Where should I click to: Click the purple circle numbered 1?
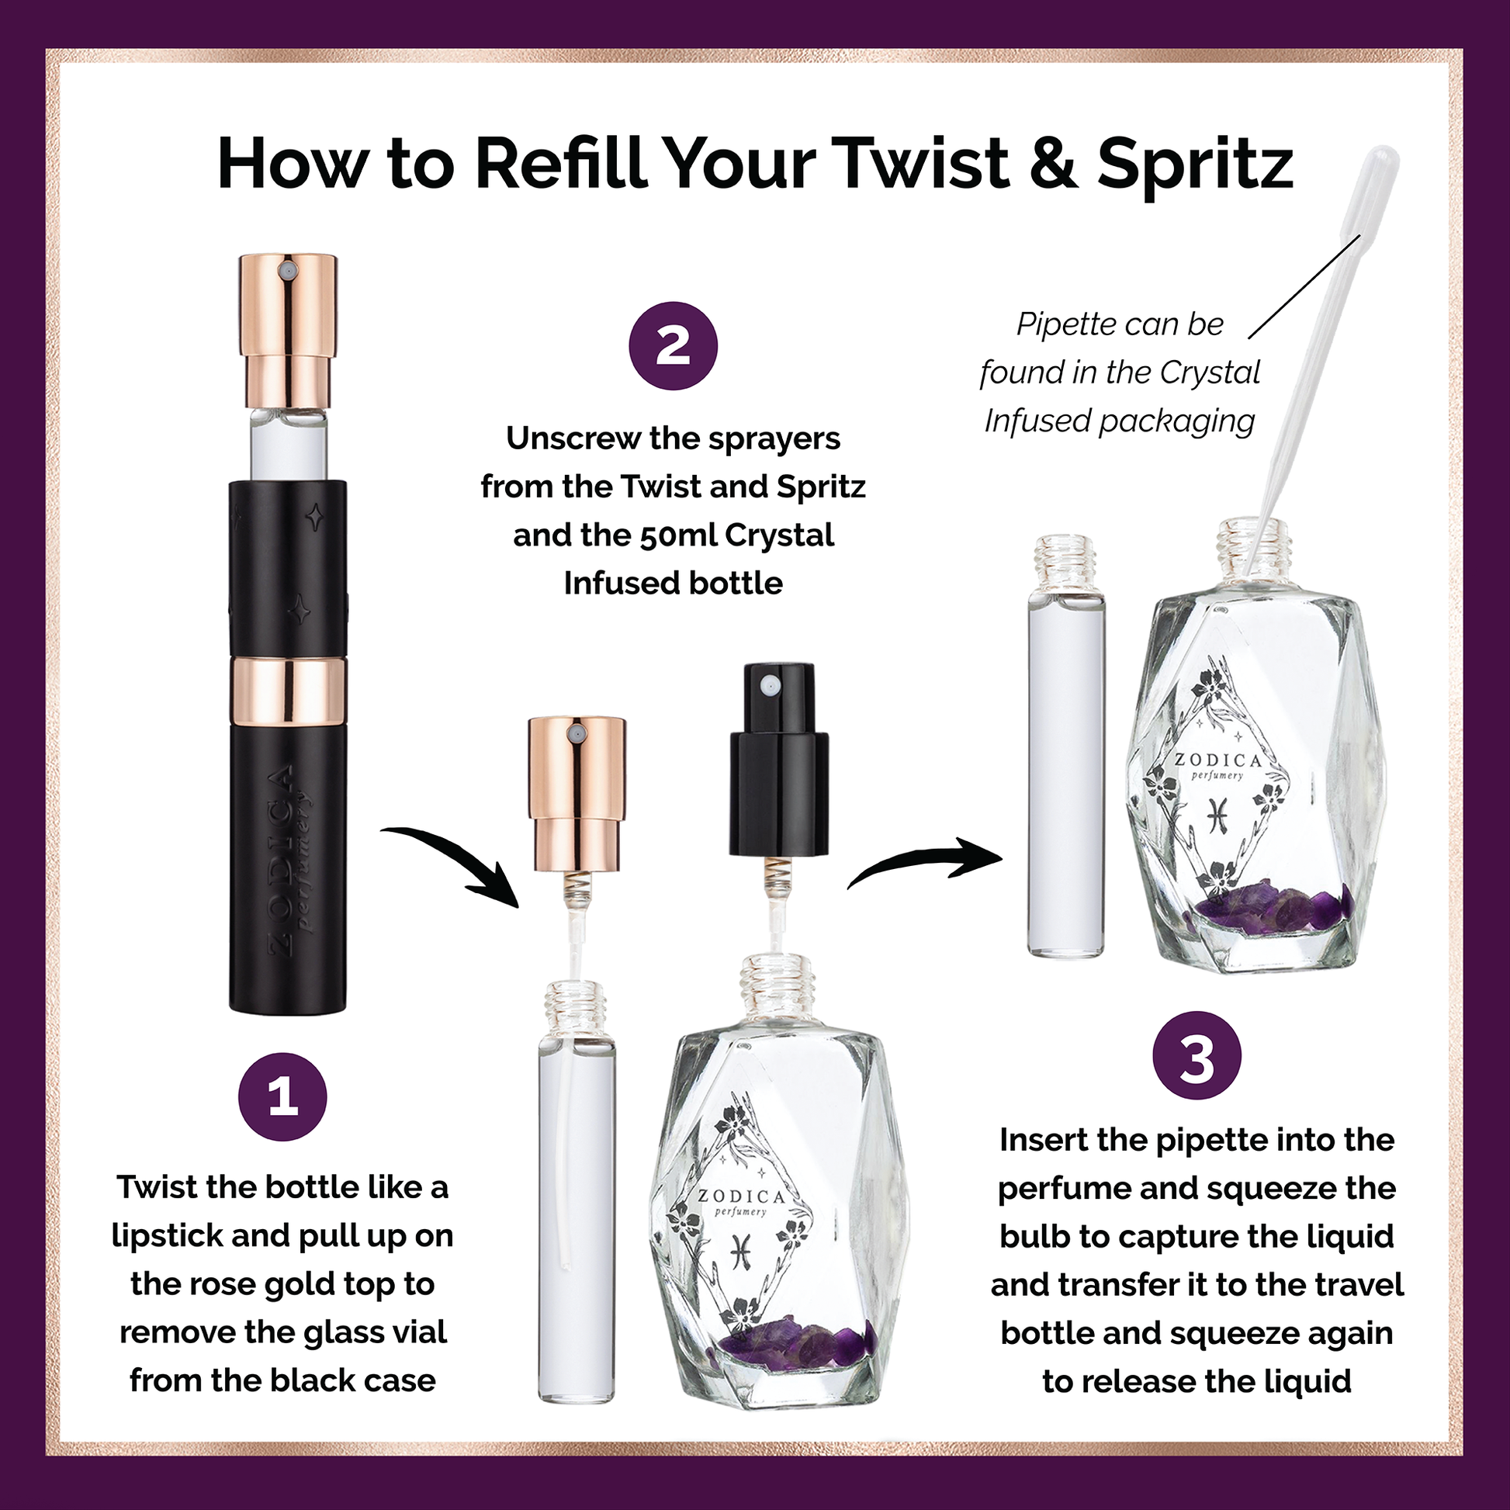(282, 1096)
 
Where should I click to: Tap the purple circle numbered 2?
(673, 345)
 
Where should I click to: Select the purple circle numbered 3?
(1197, 1055)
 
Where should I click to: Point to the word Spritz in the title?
(1195, 166)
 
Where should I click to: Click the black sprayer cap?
(778, 759)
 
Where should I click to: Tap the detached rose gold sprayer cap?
(577, 793)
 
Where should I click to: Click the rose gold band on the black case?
(289, 690)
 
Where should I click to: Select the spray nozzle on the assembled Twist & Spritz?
(288, 271)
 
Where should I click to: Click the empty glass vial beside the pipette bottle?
(1066, 746)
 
